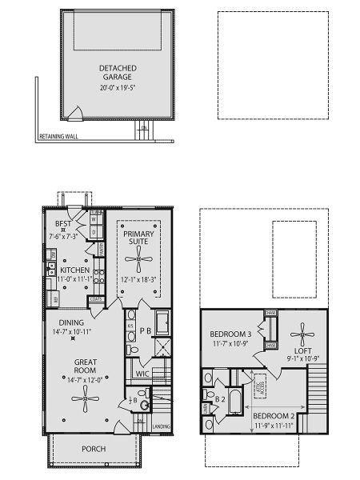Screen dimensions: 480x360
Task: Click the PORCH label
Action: pos(94,449)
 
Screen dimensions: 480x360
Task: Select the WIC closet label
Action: pos(143,373)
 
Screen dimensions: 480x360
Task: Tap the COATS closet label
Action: pos(98,299)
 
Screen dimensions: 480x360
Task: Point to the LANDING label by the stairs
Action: pos(162,426)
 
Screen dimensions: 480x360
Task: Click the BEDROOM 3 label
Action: pos(230,334)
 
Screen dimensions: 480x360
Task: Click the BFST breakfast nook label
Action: pos(65,224)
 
